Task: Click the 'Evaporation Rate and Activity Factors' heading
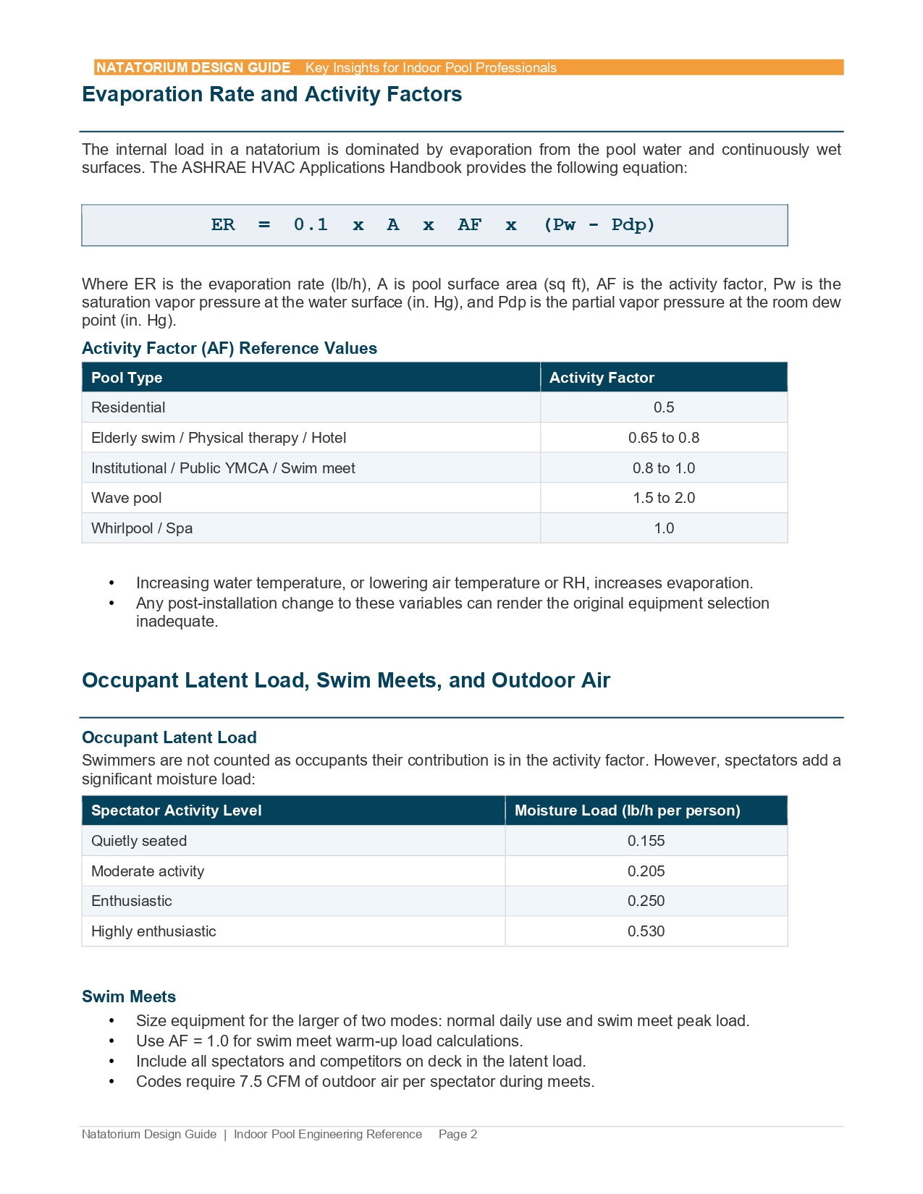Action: [271, 95]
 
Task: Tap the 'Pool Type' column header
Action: [127, 378]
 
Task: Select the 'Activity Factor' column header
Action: [602, 378]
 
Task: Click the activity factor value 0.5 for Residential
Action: [663, 407]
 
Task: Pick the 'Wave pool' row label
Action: [127, 498]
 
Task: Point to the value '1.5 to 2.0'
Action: [663, 498]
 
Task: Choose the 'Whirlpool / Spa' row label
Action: [142, 528]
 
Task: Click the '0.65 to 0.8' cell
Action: [663, 438]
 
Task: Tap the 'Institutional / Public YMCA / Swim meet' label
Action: [223, 468]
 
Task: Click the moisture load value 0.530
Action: [646, 931]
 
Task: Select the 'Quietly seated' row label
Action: [139, 841]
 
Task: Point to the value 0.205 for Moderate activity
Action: [646, 871]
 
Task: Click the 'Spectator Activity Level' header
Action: [176, 810]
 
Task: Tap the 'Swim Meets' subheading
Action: [129, 996]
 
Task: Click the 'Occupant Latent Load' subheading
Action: [169, 737]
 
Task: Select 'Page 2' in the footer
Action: [458, 1134]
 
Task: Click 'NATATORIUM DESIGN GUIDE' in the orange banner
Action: [193, 68]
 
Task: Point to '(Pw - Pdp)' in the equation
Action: [599, 225]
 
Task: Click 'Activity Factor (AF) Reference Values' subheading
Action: [229, 348]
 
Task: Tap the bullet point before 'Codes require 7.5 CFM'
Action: [111, 1082]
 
